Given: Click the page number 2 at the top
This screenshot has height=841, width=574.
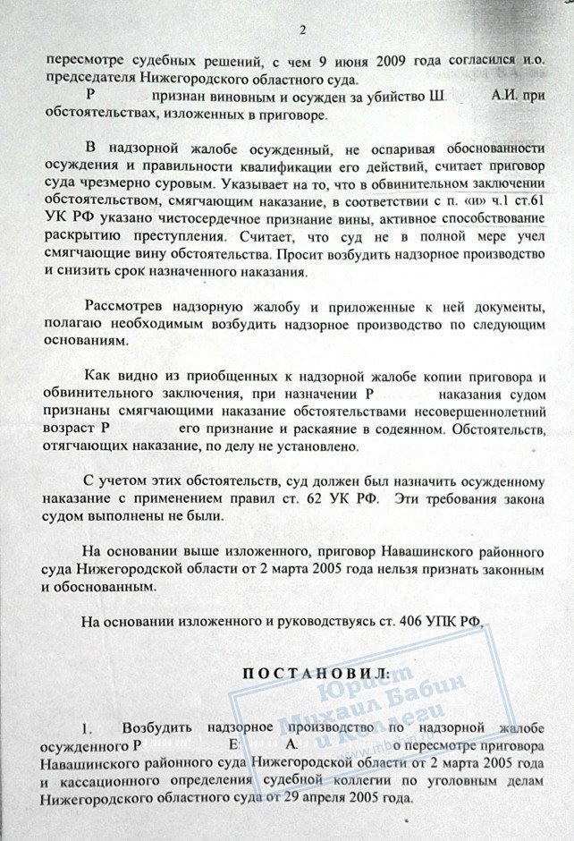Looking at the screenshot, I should (302, 30).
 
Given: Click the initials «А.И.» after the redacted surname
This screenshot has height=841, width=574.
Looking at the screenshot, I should (507, 96).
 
